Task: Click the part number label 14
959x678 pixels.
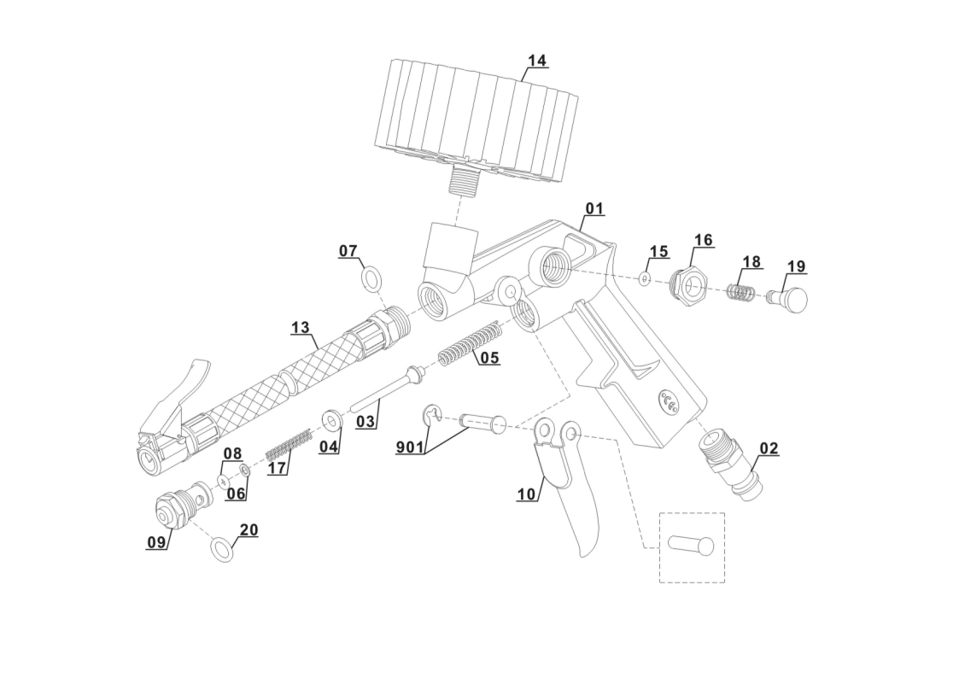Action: tap(536, 61)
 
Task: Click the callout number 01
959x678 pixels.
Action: tap(594, 209)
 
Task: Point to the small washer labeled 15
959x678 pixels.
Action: tap(645, 278)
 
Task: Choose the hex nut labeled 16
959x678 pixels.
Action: tap(687, 284)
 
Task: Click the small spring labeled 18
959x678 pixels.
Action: tap(740, 292)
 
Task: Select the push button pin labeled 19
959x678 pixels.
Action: tap(790, 299)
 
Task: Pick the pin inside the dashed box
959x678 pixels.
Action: tap(691, 545)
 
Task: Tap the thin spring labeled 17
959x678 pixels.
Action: tap(289, 443)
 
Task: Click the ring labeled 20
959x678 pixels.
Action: tap(222, 550)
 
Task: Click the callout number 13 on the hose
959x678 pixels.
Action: tap(300, 327)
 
